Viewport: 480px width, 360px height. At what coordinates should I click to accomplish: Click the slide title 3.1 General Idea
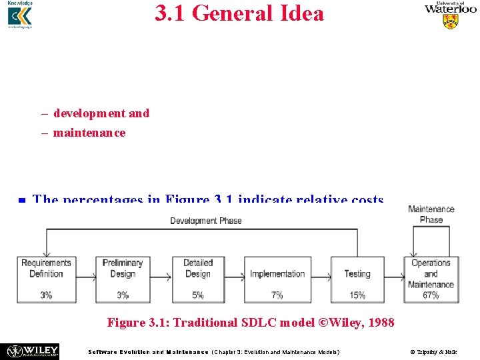239,13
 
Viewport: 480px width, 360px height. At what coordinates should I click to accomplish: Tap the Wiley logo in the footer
33,351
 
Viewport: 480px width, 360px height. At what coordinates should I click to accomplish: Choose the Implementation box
277,273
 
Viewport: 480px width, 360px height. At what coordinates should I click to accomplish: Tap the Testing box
357,273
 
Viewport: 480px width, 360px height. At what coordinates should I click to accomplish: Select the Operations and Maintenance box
431,273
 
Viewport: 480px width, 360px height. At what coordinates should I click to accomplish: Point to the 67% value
431,295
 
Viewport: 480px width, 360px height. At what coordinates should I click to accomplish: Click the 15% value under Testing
357,295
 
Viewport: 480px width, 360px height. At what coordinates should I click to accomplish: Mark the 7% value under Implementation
277,295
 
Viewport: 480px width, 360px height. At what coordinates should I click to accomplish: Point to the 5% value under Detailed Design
198,295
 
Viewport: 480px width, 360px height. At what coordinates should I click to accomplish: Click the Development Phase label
205,221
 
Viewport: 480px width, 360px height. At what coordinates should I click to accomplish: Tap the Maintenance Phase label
431,214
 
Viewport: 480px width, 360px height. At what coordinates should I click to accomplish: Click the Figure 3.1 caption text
251,323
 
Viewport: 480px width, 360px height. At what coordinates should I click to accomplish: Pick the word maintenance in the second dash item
89,133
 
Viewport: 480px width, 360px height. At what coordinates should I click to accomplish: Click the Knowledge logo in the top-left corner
19,15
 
